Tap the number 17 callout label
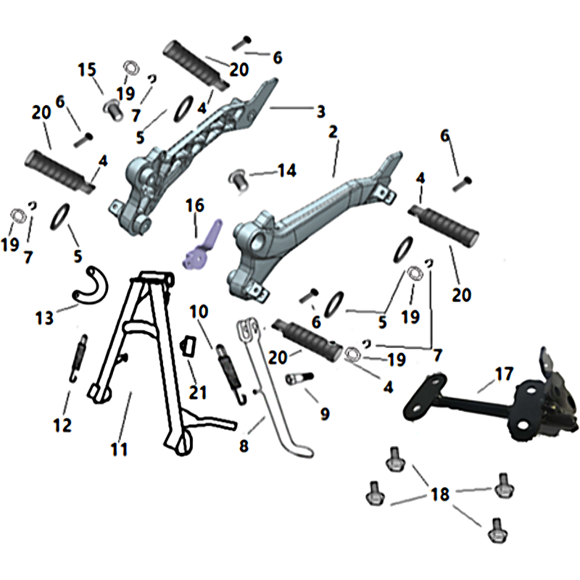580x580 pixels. pos(504,374)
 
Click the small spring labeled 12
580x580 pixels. pos(79,358)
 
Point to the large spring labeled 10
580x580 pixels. pos(231,374)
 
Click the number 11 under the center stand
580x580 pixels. pos(119,449)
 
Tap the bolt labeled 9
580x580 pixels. pos(299,378)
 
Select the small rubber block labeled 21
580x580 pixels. pos(188,347)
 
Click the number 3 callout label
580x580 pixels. pos(320,112)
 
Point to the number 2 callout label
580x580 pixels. pos(333,132)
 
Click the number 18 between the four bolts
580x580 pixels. pos(440,494)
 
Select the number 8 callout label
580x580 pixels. pos(244,445)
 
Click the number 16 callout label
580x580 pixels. pos(195,206)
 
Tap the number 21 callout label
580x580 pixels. pos(197,392)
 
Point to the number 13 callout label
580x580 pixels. pos(44,318)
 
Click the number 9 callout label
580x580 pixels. pos(325,413)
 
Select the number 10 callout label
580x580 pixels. pos(199,312)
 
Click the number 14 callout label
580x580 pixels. pos(287,170)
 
